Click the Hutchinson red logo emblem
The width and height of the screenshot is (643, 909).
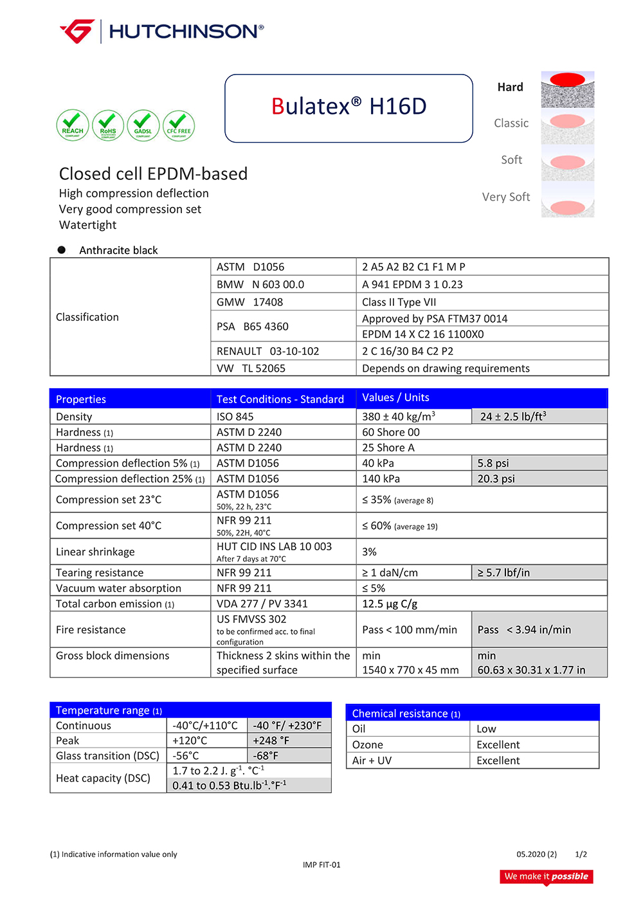coord(78,31)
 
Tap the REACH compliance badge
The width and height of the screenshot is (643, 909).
coord(73,125)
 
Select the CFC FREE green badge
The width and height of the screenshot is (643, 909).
coord(179,125)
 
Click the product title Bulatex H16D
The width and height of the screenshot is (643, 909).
coord(349,107)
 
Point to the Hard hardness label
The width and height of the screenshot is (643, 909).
coord(510,87)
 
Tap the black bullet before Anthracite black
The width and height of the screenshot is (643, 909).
coord(62,250)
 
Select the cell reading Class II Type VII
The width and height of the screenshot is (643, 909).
coord(399,302)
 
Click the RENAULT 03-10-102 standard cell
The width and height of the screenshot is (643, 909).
coord(267,351)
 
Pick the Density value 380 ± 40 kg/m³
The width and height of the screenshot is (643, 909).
coord(399,417)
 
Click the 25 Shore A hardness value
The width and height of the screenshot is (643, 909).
coord(388,447)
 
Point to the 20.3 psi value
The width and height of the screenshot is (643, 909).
coord(496,479)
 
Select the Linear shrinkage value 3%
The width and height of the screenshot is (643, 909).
coord(369,552)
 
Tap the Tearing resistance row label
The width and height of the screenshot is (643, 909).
coord(100,573)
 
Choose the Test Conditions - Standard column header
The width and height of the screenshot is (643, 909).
coord(280,399)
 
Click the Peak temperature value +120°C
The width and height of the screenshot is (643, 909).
coord(190,741)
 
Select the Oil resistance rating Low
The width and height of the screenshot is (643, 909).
coord(486,729)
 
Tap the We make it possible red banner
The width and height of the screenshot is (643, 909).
coord(546,877)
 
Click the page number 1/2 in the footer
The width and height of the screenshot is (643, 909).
coord(581,854)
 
